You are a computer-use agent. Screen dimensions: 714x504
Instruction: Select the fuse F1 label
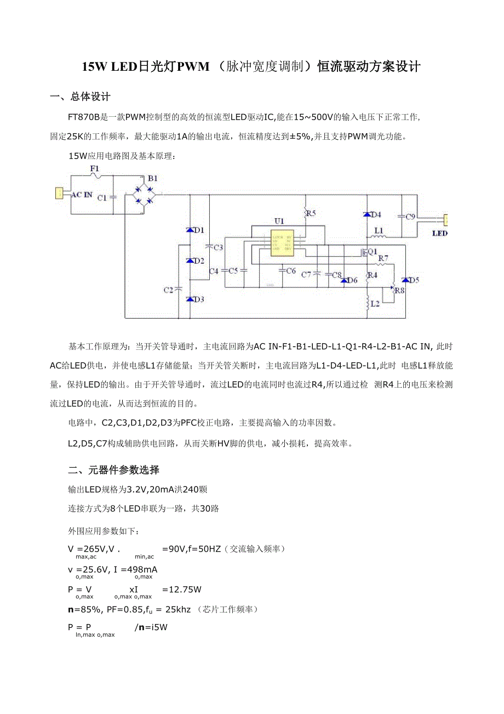point(95,168)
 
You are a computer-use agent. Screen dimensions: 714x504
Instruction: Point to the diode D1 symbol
point(190,230)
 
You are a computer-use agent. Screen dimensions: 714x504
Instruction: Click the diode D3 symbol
point(190,299)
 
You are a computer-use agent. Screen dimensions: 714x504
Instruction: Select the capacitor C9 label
point(410,217)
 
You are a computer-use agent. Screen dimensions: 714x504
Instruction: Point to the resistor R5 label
point(311,213)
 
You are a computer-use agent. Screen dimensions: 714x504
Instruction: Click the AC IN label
point(82,194)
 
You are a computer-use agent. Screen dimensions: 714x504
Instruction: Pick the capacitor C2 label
point(169,290)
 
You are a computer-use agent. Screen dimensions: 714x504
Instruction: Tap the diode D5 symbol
point(405,280)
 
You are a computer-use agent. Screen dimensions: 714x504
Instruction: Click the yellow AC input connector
point(58,193)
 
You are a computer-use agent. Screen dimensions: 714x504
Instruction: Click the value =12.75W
point(182,590)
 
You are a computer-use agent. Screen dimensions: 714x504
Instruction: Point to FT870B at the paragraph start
point(84,117)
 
